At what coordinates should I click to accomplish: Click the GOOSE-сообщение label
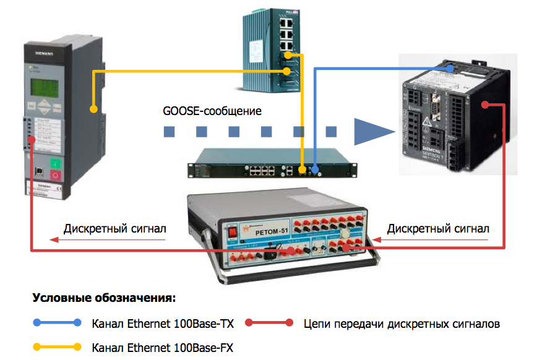[212, 111]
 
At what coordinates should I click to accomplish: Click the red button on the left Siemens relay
[55, 176]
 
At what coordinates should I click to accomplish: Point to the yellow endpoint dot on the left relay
[94, 109]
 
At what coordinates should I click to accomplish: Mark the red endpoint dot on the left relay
[32, 141]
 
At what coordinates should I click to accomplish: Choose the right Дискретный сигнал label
[438, 228]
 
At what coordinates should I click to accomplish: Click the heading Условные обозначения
[104, 298]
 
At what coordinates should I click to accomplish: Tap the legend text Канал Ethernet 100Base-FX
[163, 346]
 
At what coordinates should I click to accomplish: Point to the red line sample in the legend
[269, 322]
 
